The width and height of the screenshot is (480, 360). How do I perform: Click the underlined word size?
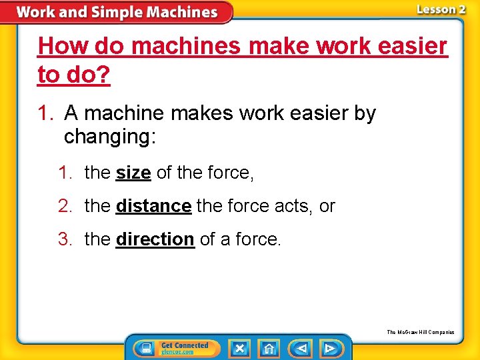(133, 173)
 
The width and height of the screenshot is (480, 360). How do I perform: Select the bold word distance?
(153, 206)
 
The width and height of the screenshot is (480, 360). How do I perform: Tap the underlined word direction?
(155, 239)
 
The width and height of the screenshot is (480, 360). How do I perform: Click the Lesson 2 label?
(441, 9)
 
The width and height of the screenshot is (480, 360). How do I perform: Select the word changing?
(110, 137)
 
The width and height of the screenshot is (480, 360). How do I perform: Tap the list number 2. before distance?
(66, 206)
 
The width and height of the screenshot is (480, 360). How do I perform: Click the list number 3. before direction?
(66, 239)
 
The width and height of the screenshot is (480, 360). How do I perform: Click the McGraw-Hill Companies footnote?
(421, 332)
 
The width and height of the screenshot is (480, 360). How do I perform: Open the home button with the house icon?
(269, 348)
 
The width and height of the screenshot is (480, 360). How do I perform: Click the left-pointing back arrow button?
(301, 348)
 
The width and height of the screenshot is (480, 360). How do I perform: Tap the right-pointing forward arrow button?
(329, 348)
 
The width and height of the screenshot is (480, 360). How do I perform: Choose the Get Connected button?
(174, 348)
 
